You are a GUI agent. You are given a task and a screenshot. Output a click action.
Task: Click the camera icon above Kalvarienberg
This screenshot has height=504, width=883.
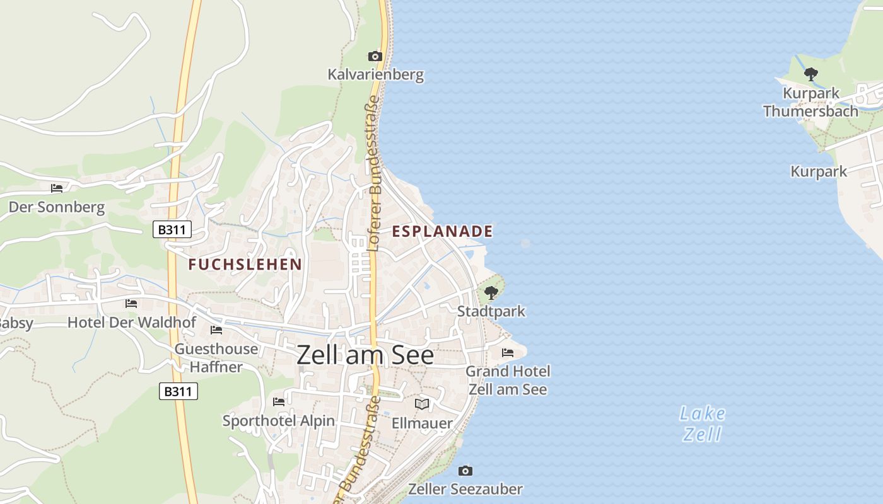tap(375, 57)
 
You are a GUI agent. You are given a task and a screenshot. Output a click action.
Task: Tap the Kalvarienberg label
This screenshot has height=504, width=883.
tap(375, 75)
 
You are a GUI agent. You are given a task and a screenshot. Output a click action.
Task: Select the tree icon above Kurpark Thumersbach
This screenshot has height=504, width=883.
tap(811, 74)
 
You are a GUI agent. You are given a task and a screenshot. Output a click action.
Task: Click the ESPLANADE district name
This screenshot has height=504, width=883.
tap(442, 231)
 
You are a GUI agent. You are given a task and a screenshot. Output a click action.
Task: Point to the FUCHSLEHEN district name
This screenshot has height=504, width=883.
tap(245, 265)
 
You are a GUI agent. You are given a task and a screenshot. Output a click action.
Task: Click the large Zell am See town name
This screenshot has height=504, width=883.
tap(365, 355)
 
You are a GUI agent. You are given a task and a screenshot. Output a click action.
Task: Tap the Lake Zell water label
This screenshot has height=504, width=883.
tap(703, 423)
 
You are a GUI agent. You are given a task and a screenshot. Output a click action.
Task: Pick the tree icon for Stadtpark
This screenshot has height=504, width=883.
tap(491, 293)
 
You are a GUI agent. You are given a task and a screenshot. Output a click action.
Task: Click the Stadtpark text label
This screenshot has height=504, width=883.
tap(491, 311)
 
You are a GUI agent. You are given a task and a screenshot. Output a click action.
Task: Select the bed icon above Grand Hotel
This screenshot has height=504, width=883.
tap(508, 353)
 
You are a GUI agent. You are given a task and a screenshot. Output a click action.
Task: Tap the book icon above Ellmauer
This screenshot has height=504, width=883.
tap(422, 404)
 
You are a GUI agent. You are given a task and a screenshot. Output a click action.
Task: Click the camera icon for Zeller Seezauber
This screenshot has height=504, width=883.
tap(465, 471)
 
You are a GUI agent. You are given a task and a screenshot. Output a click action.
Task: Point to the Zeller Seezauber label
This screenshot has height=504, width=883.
tap(465, 489)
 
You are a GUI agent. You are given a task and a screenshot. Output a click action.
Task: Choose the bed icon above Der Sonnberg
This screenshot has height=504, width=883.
tap(57, 188)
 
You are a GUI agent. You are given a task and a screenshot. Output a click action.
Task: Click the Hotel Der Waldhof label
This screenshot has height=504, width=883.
tap(132, 323)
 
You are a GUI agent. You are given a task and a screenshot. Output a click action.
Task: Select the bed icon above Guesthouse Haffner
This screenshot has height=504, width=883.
tap(216, 330)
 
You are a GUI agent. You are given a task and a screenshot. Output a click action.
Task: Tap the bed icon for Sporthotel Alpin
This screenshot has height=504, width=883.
tap(279, 402)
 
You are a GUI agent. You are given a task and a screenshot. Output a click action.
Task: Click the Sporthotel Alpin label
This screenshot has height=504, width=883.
tap(279, 420)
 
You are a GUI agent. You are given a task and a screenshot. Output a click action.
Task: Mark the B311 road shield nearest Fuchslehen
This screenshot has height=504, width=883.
tap(172, 229)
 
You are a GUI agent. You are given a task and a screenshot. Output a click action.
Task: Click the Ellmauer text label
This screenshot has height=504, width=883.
tap(422, 423)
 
